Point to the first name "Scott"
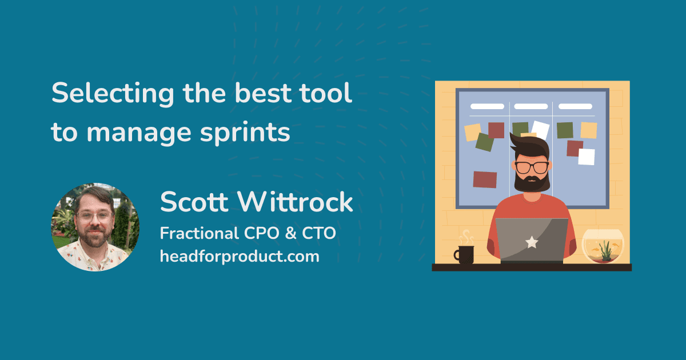pyautogui.click(x=194, y=202)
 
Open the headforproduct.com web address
pyautogui.click(x=240, y=256)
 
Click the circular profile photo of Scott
pyautogui.click(x=95, y=227)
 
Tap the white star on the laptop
pyautogui.click(x=532, y=242)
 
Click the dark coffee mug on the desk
pyautogui.click(x=464, y=254)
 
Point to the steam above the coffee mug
pyautogui.click(x=467, y=236)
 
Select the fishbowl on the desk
pyautogui.click(x=603, y=247)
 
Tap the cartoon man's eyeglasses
pyautogui.click(x=531, y=167)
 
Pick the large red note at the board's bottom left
pyautogui.click(x=485, y=179)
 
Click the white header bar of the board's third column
pyautogui.click(x=575, y=106)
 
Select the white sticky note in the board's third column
pyautogui.click(x=586, y=157)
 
